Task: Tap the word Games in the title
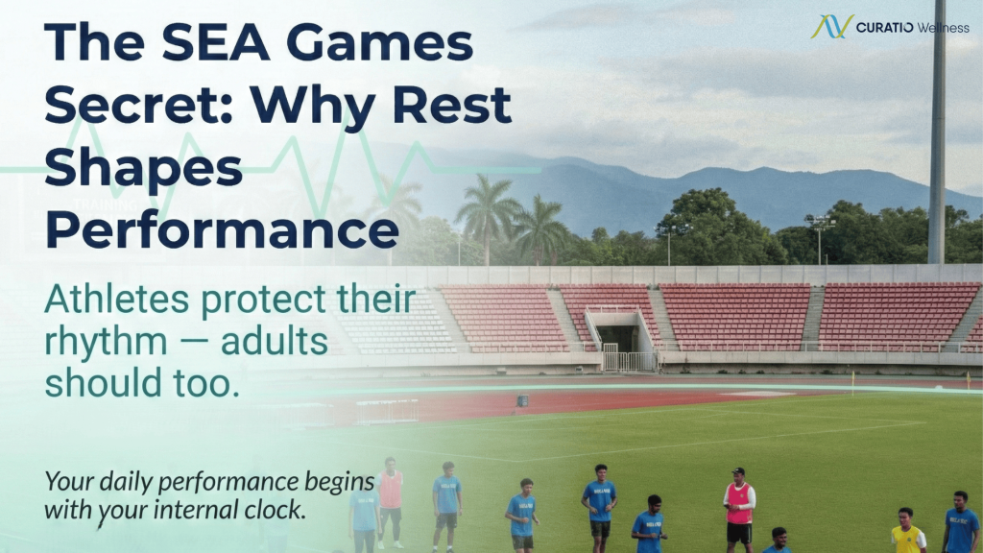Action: coord(378,42)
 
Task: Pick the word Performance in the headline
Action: coord(222,230)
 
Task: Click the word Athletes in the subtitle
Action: coord(116,300)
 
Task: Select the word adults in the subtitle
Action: coord(274,342)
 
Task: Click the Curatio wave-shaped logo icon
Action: coord(831,26)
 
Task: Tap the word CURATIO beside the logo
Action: coord(884,28)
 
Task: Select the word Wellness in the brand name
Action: coord(943,28)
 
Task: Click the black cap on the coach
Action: coord(738,470)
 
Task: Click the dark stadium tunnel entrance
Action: coord(619,339)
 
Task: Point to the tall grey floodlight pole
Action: coord(937,132)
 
